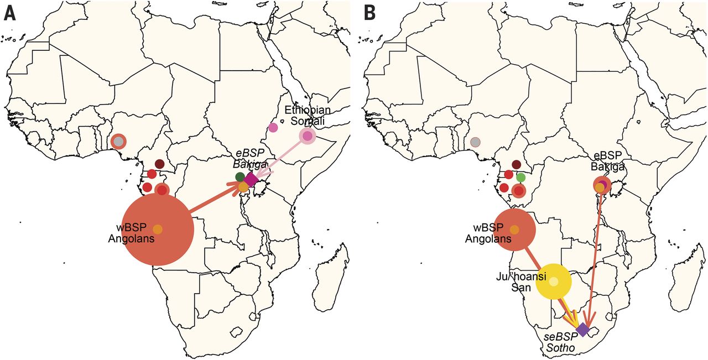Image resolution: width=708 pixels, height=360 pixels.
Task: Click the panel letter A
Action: pos(9,13)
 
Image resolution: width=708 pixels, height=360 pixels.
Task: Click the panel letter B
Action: pos(369,13)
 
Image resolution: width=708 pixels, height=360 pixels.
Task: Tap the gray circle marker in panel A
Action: pos(118,142)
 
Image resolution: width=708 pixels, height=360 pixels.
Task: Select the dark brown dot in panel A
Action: pos(159,164)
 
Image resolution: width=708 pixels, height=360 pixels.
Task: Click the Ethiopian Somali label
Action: pos(307,116)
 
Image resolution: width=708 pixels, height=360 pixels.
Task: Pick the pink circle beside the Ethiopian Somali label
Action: pos(308,136)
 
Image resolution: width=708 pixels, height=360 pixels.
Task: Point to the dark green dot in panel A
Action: pos(240,177)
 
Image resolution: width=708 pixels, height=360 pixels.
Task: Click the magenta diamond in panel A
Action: pos(251,179)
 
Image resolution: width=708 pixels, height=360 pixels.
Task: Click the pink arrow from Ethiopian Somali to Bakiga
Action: pos(282,157)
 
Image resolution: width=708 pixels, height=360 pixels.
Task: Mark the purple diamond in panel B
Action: pos(582,330)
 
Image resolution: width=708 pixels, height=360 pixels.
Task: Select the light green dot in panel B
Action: pos(520,178)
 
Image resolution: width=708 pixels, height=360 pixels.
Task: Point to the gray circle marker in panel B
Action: pos(475,142)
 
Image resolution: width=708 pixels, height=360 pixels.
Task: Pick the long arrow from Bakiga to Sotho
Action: pos(595,254)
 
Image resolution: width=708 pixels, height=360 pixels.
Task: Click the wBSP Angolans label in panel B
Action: pos(489,234)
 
